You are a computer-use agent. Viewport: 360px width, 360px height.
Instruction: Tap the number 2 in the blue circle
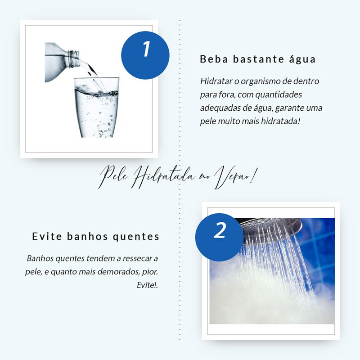220,230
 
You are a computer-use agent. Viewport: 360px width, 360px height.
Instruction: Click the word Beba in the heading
214,59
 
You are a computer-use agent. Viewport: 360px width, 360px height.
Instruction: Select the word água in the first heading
302,59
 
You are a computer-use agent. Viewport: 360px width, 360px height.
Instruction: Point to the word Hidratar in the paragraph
216,81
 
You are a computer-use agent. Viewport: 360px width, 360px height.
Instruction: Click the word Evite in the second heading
47,237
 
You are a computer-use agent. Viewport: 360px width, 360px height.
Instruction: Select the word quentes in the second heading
136,237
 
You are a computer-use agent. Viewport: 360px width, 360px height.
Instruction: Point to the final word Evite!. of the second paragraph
147,285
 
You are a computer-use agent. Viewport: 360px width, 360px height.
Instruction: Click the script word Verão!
236,177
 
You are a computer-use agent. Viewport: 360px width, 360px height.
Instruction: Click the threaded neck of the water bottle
74,58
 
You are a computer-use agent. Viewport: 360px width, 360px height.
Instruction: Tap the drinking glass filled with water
96,108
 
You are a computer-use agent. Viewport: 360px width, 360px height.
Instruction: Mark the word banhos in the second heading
87,237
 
